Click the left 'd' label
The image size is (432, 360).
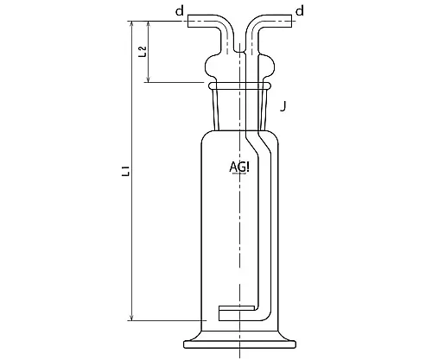click(x=179, y=10)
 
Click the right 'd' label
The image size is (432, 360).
click(x=299, y=10)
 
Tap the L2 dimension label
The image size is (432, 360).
click(x=144, y=51)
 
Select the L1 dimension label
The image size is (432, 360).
click(x=128, y=173)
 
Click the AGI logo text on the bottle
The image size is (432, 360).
click(x=240, y=167)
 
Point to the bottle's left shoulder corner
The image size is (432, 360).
click(x=204, y=135)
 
